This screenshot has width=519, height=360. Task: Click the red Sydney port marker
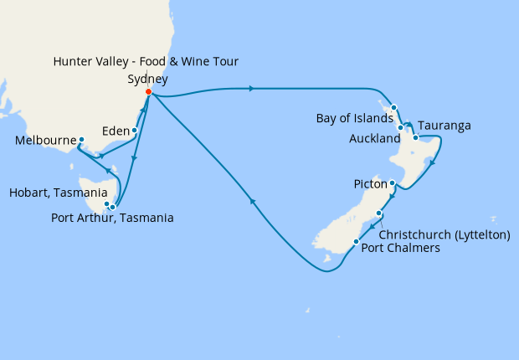(x=148, y=92)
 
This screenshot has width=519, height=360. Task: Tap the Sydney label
(x=148, y=80)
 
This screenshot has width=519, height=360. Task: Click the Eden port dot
(x=134, y=130)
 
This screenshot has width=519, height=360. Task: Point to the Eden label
(x=115, y=131)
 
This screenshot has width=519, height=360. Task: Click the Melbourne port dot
(x=81, y=139)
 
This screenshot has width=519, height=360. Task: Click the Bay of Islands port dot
(x=393, y=107)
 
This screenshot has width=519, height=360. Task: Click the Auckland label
(x=373, y=139)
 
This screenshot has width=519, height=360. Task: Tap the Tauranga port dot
(x=415, y=137)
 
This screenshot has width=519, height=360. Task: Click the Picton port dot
(x=393, y=183)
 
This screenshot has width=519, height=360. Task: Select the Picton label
(x=370, y=183)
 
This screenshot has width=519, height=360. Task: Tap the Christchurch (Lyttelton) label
(x=445, y=235)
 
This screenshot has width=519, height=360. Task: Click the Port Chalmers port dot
(x=357, y=242)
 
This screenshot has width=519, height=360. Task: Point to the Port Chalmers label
(x=401, y=248)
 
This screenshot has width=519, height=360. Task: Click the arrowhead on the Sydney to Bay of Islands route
(x=252, y=87)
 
